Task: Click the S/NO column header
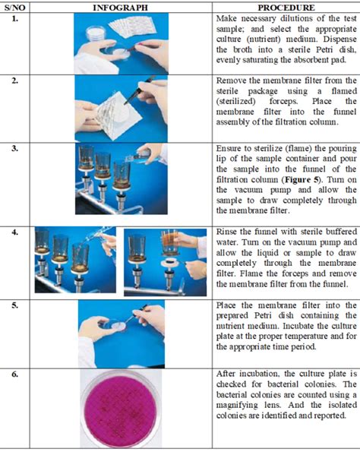14,8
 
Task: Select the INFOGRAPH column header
120,8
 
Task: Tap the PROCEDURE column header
286,8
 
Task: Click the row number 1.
15,19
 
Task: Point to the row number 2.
15,81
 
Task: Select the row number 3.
15,148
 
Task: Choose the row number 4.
15,232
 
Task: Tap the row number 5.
15,305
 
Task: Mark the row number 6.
15,375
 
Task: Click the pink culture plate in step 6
119,409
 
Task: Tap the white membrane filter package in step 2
118,115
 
